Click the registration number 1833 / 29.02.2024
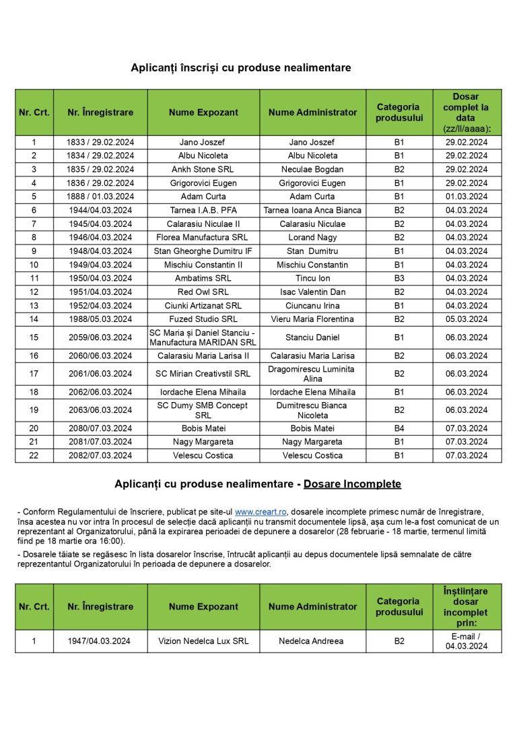(x=100, y=142)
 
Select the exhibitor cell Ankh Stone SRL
(x=203, y=170)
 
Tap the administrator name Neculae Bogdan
(x=312, y=170)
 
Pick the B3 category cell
(x=399, y=278)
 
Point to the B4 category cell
(x=399, y=428)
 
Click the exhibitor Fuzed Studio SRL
(x=203, y=319)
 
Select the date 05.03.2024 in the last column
(x=467, y=319)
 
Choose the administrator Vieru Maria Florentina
(x=312, y=319)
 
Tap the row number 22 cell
(x=34, y=455)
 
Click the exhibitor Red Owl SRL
(x=203, y=292)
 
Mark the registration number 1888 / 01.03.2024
(x=100, y=197)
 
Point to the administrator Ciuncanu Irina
(x=312, y=306)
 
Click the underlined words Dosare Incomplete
(x=352, y=484)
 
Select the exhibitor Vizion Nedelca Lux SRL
(x=203, y=641)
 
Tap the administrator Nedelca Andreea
(x=312, y=641)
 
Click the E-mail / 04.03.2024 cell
(x=467, y=641)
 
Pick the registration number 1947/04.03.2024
(x=100, y=641)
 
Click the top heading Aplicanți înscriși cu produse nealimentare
(x=240, y=68)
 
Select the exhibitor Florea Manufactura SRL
(x=203, y=238)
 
